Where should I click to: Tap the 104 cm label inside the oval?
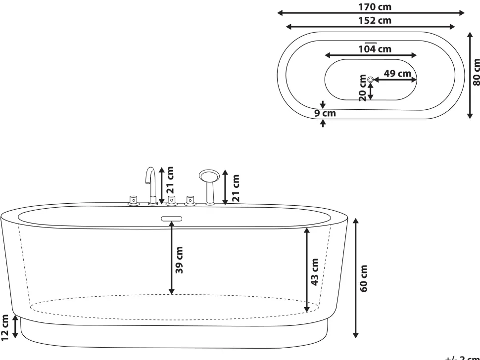tap(374, 48)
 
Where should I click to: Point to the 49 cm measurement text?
tap(397, 73)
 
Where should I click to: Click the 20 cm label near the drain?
tap(363, 88)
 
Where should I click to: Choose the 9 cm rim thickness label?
tap(326, 114)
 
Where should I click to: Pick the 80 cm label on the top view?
tap(476, 72)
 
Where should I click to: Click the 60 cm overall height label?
tap(364, 278)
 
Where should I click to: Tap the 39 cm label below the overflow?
tap(180, 260)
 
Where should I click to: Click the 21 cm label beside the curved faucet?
tap(170, 180)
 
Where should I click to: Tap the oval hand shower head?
tap(208, 176)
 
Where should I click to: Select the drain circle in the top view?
tap(370, 79)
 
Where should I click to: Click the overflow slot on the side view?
tap(172, 218)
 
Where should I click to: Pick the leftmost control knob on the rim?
tap(132, 200)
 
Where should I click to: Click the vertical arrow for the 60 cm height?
tap(355, 278)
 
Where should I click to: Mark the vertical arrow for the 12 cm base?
tap(15, 327)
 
